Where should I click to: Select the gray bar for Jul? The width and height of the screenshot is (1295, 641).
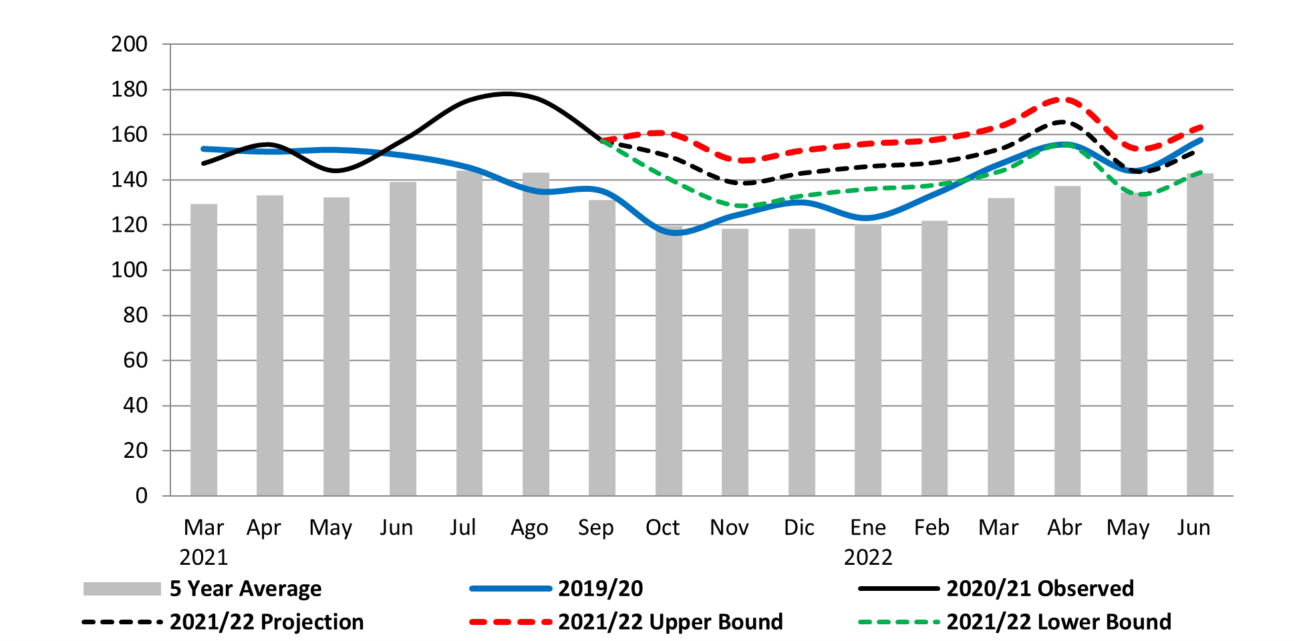click(x=469, y=334)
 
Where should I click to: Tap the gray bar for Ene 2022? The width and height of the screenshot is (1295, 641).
click(x=867, y=361)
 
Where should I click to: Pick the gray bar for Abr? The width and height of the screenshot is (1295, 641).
click(x=1067, y=341)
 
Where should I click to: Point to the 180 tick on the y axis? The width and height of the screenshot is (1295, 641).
click(x=129, y=90)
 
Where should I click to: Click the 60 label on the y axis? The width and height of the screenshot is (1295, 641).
click(x=135, y=361)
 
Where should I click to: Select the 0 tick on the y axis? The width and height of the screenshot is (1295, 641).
click(x=141, y=496)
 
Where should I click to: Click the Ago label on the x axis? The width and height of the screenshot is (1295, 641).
click(x=529, y=528)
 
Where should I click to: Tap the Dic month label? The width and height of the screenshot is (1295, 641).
click(x=799, y=528)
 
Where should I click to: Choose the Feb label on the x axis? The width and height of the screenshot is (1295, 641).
click(x=931, y=528)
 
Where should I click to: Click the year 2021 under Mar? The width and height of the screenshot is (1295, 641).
click(x=204, y=557)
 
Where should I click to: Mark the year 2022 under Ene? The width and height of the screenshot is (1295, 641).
click(x=868, y=557)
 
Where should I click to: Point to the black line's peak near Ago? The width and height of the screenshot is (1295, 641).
click(x=507, y=94)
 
